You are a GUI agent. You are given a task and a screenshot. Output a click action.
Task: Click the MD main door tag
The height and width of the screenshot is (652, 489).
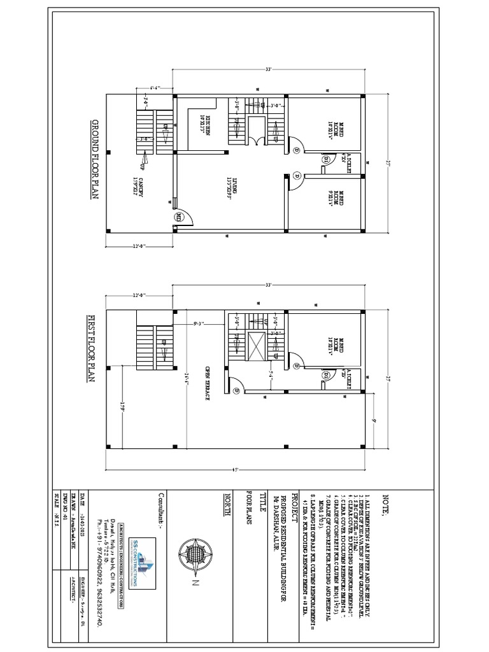click(179, 218)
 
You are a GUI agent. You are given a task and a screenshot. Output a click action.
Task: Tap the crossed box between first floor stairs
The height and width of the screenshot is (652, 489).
click(259, 347)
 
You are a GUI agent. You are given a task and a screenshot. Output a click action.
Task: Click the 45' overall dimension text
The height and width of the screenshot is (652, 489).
click(236, 471)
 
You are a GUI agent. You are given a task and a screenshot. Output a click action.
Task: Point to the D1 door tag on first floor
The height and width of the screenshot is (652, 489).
click(326, 376)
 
